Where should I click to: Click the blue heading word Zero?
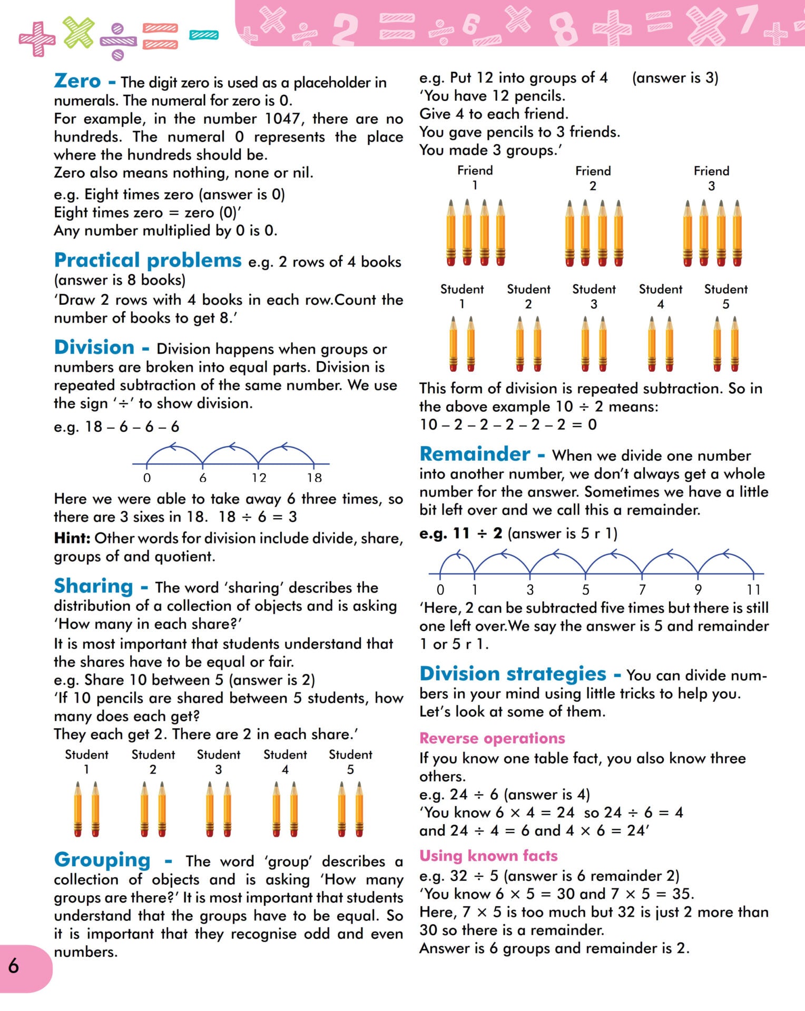tap(77, 81)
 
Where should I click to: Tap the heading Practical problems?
tap(148, 260)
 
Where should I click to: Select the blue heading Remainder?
tap(475, 454)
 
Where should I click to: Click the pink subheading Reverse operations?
tap(492, 738)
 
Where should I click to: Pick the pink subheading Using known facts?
tap(488, 856)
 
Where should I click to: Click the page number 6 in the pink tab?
tap(14, 966)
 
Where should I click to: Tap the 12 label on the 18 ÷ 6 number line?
tap(259, 478)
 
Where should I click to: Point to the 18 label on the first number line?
tap(314, 478)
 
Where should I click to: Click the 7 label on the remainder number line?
tap(642, 590)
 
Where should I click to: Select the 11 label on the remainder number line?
tap(753, 590)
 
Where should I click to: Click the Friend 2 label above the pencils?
tap(593, 178)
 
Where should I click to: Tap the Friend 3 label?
tap(711, 178)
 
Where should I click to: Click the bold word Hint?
tap(72, 538)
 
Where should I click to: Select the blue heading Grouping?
tap(102, 860)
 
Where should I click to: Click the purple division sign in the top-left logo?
tap(118, 41)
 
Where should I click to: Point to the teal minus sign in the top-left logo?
tap(204, 35)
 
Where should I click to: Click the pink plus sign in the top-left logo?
tap(37, 38)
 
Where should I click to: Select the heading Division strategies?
tap(513, 674)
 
